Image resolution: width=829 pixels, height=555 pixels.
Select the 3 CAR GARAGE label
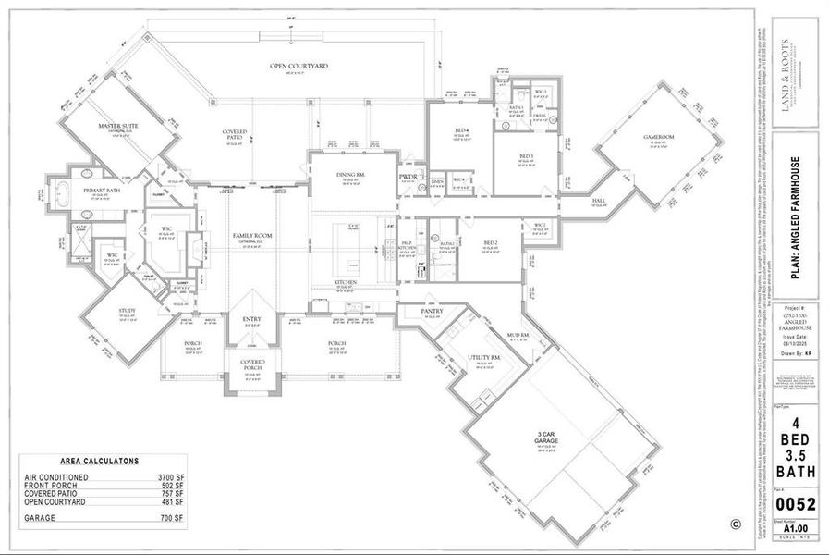point(544,438)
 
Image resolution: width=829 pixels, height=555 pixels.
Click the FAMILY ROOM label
point(251,236)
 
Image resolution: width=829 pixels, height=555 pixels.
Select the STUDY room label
point(128,311)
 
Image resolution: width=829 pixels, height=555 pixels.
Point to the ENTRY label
point(251,320)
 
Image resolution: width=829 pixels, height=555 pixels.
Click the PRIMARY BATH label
point(102,191)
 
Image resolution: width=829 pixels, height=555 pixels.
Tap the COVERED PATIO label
point(234,132)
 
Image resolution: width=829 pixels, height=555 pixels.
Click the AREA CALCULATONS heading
point(99,460)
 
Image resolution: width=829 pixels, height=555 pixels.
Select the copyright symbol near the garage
point(736,523)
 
